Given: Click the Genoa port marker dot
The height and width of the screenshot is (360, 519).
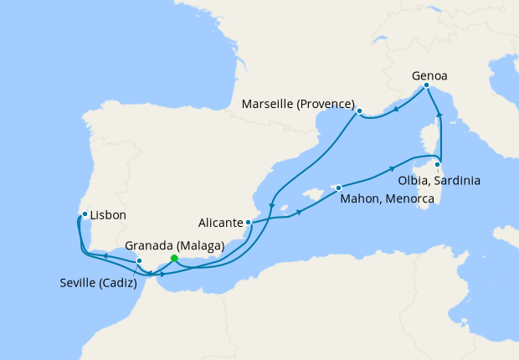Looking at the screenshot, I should [x=427, y=85].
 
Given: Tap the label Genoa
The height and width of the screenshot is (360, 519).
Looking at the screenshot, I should [x=429, y=75].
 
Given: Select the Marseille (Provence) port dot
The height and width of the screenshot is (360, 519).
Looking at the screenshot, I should [x=358, y=111].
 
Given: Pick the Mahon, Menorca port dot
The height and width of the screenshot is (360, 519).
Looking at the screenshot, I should [x=338, y=188].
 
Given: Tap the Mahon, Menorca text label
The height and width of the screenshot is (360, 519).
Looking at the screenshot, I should [x=385, y=199].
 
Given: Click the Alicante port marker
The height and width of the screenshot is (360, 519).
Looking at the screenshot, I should [x=248, y=223].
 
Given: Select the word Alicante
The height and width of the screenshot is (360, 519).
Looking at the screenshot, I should [x=220, y=224].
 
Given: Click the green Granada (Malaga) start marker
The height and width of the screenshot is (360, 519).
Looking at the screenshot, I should [x=173, y=259].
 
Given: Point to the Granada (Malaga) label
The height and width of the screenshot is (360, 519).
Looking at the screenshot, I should [x=174, y=246].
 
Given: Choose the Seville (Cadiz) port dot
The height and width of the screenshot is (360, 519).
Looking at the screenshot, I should [x=139, y=261].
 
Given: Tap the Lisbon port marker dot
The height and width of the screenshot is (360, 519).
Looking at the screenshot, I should [x=85, y=214].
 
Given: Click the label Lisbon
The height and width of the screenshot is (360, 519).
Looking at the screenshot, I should [x=108, y=215].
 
